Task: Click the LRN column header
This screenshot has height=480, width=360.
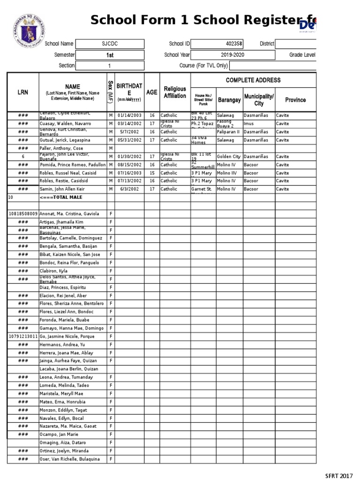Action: tap(22, 92)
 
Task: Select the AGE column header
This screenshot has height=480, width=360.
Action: tap(152, 92)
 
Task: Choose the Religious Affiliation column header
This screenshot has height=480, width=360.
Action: tap(175, 92)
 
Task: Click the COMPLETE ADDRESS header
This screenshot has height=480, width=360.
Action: tap(253, 80)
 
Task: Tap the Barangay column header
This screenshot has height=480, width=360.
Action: tap(229, 100)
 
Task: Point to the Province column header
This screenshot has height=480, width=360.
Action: tap(295, 100)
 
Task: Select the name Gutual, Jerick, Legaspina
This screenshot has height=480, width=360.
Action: tap(65, 140)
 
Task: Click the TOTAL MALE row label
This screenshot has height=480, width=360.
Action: tap(61, 197)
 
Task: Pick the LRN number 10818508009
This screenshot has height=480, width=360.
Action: tap(22, 214)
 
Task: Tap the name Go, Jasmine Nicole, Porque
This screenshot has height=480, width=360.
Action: tap(67, 337)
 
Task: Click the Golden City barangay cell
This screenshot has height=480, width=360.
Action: tap(229, 157)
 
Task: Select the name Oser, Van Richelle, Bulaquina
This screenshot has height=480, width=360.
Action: tap(70, 459)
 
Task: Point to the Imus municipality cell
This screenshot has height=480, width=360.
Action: tap(249, 124)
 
